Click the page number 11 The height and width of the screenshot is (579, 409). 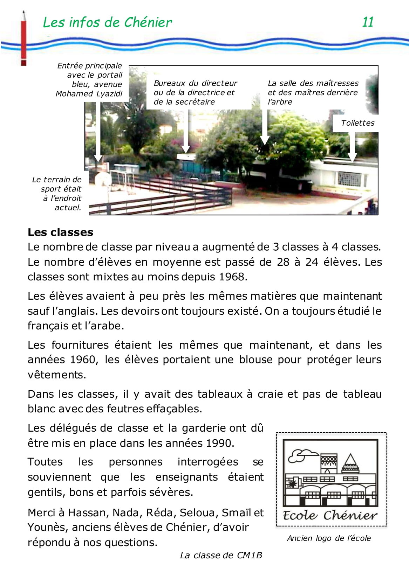coord(368,22)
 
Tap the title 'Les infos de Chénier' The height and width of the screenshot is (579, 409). coord(107,22)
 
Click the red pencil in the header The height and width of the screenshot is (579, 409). coord(24,39)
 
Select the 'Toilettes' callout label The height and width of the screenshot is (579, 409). coord(357,123)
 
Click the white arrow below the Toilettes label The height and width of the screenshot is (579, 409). coord(352,147)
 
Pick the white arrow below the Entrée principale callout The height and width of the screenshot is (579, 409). coord(98,133)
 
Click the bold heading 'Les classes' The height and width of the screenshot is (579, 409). coord(60,232)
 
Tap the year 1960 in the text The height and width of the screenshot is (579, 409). coord(83,360)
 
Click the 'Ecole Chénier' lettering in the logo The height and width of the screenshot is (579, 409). coord(330,515)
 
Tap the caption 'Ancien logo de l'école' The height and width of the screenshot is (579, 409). coord(329,538)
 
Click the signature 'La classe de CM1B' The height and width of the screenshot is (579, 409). coord(221,555)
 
